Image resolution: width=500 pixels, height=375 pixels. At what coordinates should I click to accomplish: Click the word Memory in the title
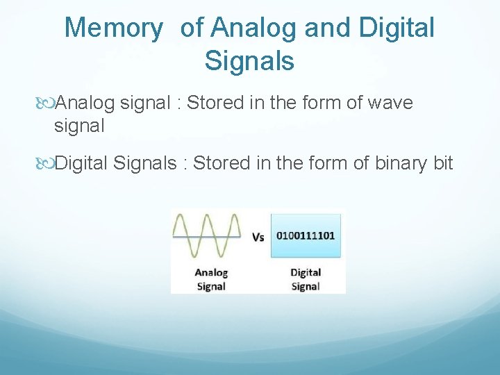(114, 28)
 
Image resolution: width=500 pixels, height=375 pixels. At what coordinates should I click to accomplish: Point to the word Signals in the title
(249, 61)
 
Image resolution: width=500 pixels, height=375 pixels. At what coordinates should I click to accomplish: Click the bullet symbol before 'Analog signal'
(47, 103)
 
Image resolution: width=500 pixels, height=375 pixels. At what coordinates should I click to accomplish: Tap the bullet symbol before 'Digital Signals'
(47, 164)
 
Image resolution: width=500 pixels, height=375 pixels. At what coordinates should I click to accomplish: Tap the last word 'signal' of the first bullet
(79, 126)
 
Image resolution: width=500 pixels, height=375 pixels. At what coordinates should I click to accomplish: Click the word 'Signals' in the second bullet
(144, 164)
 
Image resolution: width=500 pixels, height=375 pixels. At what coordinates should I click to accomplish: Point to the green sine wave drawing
(207, 236)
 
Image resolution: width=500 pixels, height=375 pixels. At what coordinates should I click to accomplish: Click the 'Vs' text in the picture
(258, 237)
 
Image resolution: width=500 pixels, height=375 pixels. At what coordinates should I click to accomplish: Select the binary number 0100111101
(306, 235)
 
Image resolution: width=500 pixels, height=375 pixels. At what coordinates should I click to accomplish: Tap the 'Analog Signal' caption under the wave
(211, 279)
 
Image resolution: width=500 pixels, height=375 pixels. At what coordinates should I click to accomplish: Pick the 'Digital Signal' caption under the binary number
(306, 279)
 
